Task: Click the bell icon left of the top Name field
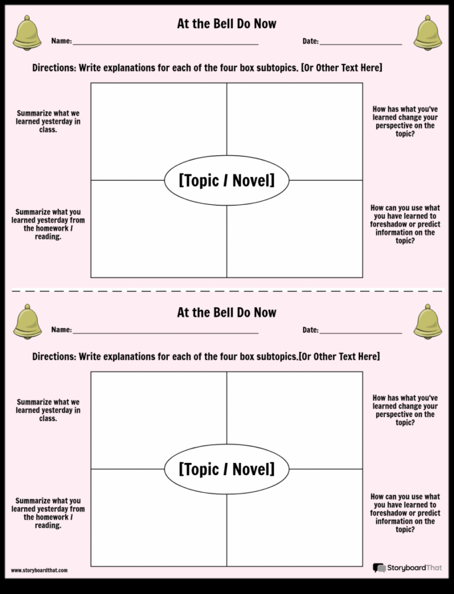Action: point(27,33)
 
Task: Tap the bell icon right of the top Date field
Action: point(427,33)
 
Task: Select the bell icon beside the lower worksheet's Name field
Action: point(27,322)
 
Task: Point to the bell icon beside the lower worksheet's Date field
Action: point(427,322)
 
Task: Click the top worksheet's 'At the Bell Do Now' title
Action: point(227,24)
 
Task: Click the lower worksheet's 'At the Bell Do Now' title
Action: point(227,312)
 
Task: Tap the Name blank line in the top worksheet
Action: point(166,44)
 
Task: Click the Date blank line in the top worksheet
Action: point(361,44)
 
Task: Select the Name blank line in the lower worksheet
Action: point(166,334)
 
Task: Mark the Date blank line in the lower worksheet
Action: point(361,334)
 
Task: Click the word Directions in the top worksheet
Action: point(54,68)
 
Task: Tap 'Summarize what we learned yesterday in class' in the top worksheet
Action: point(48,121)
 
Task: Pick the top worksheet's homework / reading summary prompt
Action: point(48,224)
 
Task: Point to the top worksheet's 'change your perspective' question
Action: point(405,121)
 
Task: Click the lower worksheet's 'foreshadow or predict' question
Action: point(405,513)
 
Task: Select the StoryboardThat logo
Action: point(407,567)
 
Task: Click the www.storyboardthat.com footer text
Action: point(40,570)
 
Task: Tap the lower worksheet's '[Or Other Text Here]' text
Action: point(339,357)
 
